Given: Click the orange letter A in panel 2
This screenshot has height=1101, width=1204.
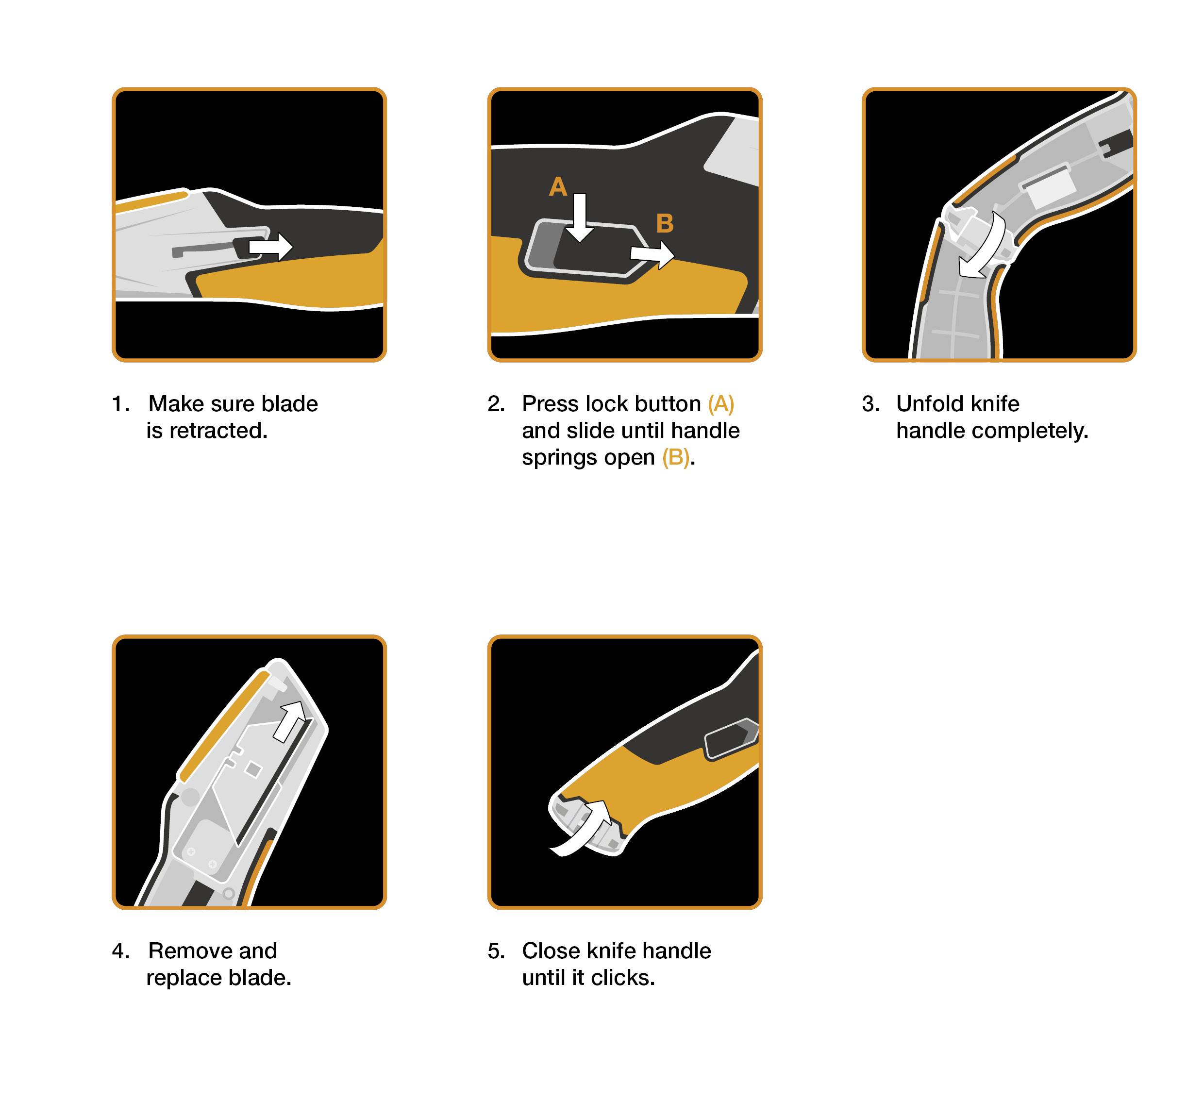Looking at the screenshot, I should [x=558, y=187].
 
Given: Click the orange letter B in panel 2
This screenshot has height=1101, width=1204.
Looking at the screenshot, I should [x=665, y=224].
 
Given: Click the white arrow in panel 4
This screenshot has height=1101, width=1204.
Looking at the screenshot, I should [x=290, y=721].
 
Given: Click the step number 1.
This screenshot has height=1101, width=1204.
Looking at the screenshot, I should [x=120, y=404].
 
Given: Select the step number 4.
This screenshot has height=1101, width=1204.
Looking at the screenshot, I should [x=120, y=951].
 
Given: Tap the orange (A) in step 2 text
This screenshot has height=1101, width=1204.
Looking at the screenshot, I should [x=721, y=404].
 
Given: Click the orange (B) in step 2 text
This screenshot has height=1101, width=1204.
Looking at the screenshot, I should [x=675, y=458].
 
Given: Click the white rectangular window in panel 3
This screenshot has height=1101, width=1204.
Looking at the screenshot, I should [x=1049, y=187].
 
